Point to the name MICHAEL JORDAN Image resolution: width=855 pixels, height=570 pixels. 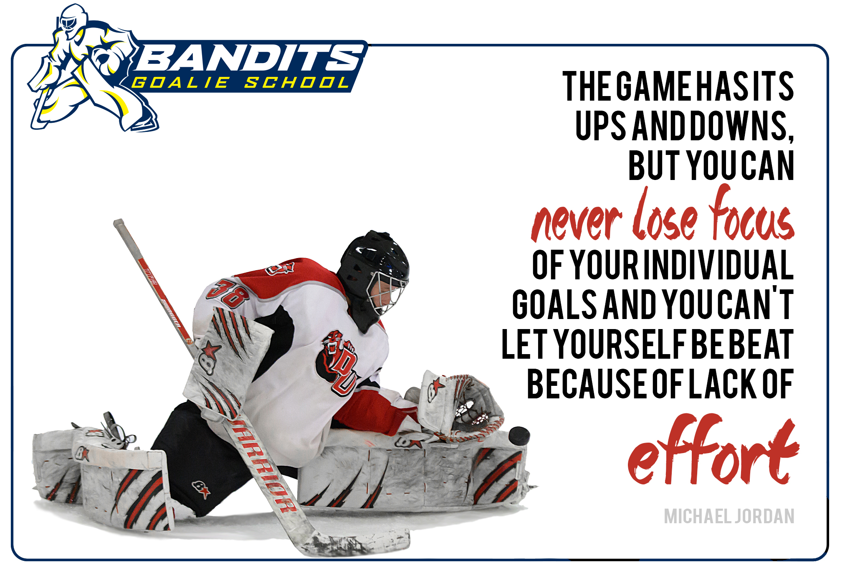[729, 516]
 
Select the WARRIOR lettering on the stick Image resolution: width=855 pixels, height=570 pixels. [263, 466]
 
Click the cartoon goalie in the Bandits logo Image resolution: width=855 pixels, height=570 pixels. [88, 69]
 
